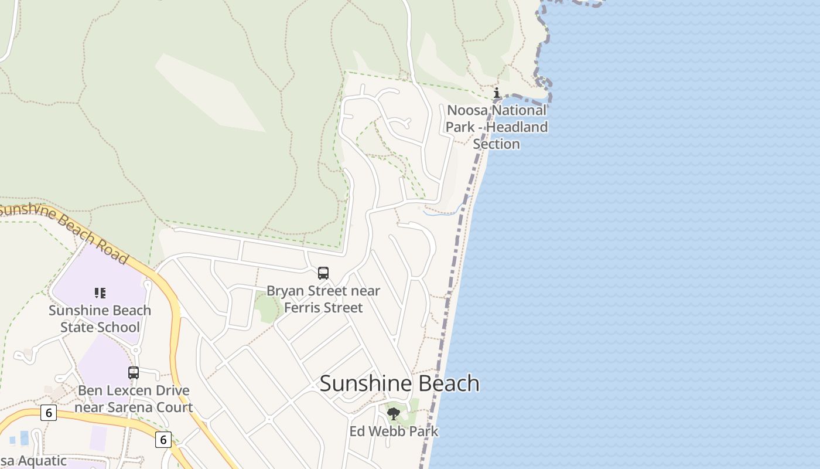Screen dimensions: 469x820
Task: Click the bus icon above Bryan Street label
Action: tap(323, 273)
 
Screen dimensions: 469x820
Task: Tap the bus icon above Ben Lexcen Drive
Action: tap(134, 373)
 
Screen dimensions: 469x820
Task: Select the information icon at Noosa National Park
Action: tap(497, 93)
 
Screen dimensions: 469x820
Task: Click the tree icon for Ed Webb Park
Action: tap(394, 414)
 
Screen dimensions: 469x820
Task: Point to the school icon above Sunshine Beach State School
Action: tap(100, 293)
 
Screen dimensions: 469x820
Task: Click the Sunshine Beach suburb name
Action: tap(399, 383)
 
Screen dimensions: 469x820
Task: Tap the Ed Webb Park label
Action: tap(394, 431)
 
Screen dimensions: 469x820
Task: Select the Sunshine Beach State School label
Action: tap(100, 319)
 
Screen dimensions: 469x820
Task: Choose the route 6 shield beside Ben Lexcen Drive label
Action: tap(49, 413)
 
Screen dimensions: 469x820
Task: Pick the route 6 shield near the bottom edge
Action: tap(163, 439)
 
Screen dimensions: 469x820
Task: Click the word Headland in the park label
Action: tap(517, 127)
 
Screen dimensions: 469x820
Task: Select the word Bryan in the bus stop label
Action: tap(286, 291)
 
